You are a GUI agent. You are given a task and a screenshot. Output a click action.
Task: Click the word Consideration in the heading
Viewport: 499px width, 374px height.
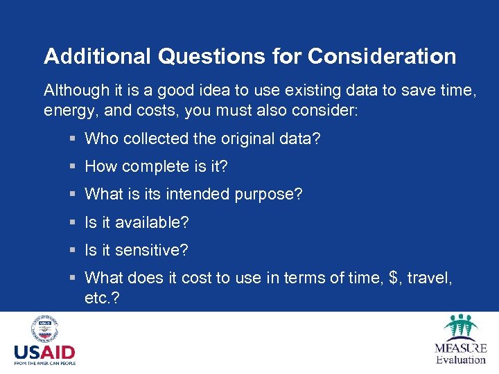(382, 56)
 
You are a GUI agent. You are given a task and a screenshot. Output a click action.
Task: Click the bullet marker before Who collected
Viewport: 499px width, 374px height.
(73, 139)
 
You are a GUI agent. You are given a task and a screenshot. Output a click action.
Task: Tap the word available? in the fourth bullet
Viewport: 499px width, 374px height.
(152, 222)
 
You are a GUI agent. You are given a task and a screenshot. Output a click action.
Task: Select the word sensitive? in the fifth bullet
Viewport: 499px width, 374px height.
(152, 250)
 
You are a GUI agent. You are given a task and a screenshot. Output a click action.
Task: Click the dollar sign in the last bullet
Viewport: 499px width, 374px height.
(395, 278)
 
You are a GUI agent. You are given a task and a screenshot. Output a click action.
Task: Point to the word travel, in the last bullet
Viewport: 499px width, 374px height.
(430, 278)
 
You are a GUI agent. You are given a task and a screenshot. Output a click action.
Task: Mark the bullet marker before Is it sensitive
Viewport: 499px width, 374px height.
(73, 250)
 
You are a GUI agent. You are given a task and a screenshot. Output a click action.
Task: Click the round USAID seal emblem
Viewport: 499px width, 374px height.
(45, 329)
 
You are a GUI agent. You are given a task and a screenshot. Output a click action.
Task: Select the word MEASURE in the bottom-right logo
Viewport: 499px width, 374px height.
(461, 348)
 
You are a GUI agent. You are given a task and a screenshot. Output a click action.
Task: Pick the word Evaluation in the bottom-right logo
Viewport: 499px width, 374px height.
(461, 359)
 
